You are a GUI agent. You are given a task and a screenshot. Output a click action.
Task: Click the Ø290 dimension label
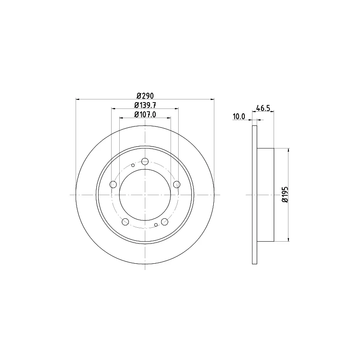pos(145,95)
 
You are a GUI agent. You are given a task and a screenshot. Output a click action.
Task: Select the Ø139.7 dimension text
pos(145,105)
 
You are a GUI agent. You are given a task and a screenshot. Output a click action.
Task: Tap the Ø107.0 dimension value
pos(145,114)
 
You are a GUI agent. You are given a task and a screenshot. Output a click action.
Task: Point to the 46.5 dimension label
pos(263,108)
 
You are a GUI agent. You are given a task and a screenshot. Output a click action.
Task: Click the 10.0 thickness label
pos(239,117)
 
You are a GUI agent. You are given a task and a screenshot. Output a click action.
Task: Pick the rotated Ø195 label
pos(285,195)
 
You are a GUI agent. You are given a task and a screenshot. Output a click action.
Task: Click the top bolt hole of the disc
pos(145,161)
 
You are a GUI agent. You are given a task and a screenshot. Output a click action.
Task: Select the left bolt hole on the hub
pos(113,184)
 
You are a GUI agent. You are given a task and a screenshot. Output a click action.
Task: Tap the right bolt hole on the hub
pos(177,184)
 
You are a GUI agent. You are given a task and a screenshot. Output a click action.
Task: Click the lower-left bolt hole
pos(126,222)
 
